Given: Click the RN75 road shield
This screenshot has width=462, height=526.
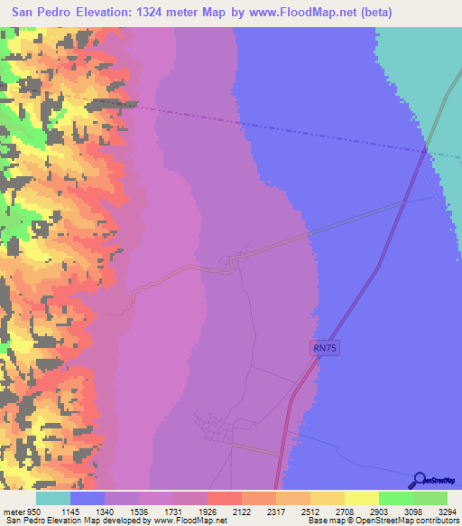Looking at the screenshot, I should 327,347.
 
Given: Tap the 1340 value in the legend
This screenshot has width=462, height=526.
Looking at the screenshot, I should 122,511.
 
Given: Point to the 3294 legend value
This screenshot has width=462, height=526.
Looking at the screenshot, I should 435,511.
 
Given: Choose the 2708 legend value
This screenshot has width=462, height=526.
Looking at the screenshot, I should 330,511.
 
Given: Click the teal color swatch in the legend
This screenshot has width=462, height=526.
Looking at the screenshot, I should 53,498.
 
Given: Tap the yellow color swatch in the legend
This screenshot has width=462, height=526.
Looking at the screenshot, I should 361,498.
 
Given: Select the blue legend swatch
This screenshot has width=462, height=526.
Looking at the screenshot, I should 88,498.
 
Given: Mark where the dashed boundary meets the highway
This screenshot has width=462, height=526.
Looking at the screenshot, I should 423,149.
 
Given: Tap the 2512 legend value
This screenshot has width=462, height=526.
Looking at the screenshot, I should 296,511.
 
